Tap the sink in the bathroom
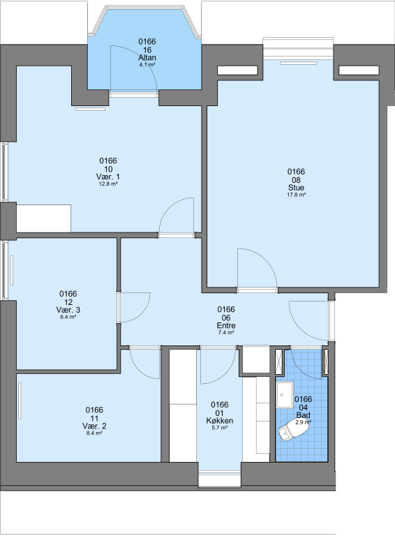[x=284, y=395]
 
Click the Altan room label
[x=147, y=58]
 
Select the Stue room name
[x=296, y=188]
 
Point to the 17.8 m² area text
[x=296, y=195]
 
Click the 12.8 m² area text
[x=108, y=184]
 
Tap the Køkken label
[x=220, y=421]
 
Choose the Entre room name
[x=226, y=325]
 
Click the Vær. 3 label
[x=68, y=310]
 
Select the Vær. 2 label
[x=94, y=426]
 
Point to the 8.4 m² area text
[x=94, y=433]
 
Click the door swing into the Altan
[x=133, y=68]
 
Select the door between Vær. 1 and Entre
[x=177, y=216]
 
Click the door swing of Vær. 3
[x=135, y=307]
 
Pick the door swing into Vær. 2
[x=145, y=363]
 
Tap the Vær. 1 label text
[x=108, y=177]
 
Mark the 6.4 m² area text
[x=68, y=317]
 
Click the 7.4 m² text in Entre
[x=226, y=332]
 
